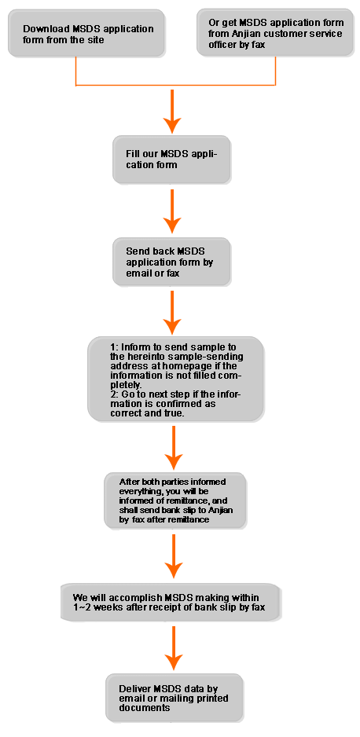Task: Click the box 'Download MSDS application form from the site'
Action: click(86, 33)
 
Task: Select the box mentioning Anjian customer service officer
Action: click(275, 32)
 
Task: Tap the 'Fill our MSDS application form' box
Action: click(171, 159)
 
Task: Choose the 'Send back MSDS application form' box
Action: click(171, 262)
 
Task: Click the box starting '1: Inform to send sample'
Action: click(175, 379)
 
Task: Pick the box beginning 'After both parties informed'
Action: click(175, 500)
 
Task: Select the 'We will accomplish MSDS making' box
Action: click(171, 602)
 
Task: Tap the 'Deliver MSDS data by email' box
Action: click(174, 698)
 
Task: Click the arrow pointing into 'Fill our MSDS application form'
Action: click(172, 112)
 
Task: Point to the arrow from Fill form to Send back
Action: click(172, 211)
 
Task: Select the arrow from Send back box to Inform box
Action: click(172, 313)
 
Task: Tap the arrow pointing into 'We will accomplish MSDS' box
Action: click(174, 556)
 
